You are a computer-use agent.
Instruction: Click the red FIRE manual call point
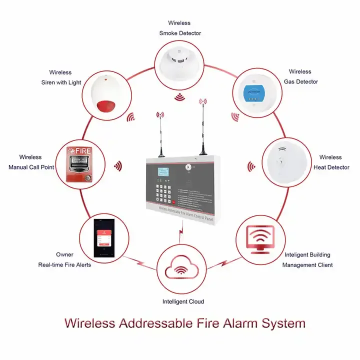tap(83, 163)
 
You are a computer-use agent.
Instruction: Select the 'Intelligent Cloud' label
tap(183, 301)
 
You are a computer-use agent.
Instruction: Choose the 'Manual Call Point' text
tap(31, 167)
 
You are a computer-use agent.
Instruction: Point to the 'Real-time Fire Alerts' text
tap(64, 264)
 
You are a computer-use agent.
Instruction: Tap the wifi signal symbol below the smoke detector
tap(179, 96)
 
